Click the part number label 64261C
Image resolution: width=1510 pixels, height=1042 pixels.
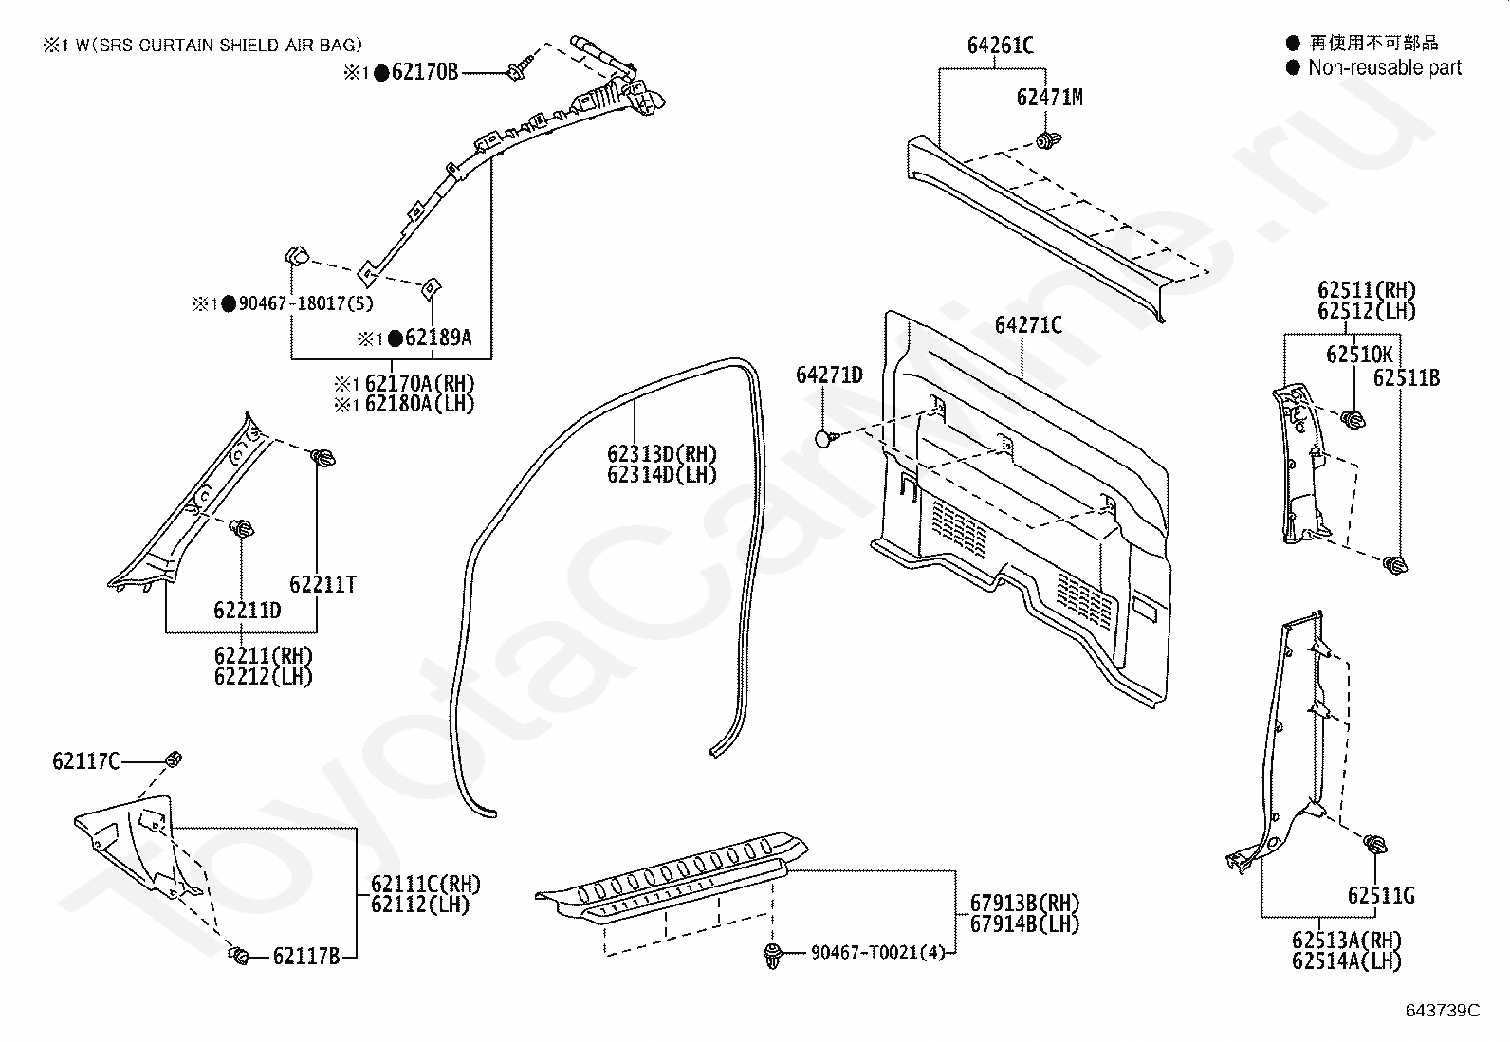coord(1001,46)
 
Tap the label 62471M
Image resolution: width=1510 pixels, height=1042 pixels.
coord(1050,98)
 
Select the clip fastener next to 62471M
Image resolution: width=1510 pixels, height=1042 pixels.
coord(1047,141)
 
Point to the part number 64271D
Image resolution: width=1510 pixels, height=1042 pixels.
coord(829,375)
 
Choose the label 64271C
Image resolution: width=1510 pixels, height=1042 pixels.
coord(1029,325)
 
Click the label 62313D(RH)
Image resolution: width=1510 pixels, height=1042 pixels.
coord(662,453)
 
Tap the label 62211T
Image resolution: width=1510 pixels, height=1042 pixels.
coord(322,584)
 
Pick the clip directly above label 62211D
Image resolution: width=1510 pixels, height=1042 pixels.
coord(241,528)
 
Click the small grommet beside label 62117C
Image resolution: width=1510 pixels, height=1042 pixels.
coord(174,759)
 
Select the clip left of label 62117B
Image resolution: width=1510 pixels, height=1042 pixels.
coord(239,955)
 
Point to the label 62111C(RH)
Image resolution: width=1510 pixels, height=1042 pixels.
coord(426,884)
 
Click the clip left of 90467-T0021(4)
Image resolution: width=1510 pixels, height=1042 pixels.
coord(772,955)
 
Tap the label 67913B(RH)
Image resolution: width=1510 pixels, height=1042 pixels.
coord(1024,903)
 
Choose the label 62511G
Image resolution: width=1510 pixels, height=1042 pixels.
coord(1381,896)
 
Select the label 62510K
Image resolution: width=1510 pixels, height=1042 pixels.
coord(1359,355)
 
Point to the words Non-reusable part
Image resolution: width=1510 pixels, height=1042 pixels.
coord(1385,67)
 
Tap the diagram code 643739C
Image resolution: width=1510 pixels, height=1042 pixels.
coord(1443,1011)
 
